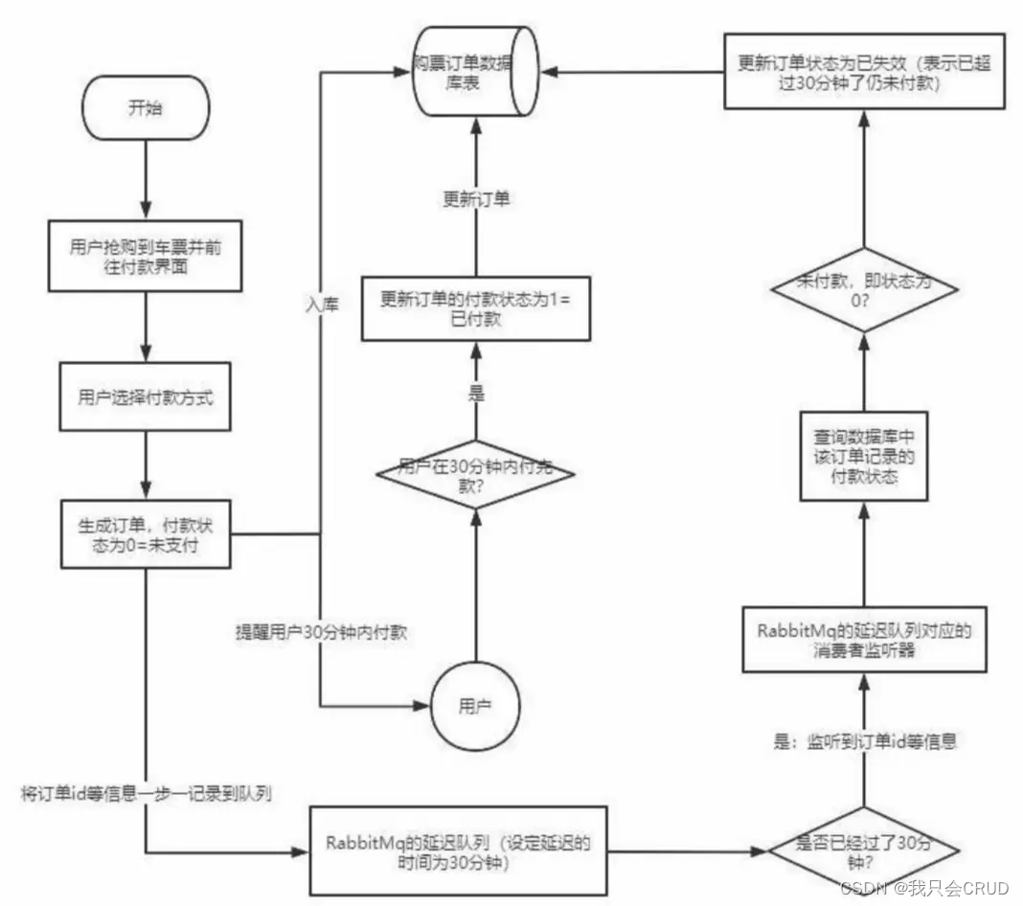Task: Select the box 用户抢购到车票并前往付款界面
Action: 146,258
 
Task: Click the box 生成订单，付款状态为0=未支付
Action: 146,533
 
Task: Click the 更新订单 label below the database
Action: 475,201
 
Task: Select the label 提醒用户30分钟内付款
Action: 325,633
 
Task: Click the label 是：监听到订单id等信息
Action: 865,739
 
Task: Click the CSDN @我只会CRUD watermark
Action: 923,888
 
